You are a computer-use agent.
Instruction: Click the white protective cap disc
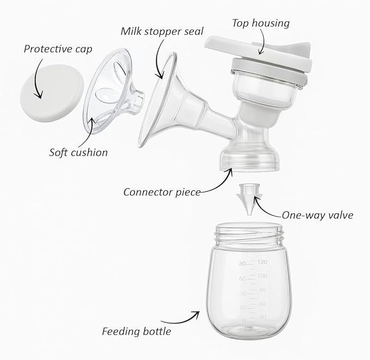tap(52, 93)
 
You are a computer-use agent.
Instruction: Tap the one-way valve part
tap(249, 199)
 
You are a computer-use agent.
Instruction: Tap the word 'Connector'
tap(148, 192)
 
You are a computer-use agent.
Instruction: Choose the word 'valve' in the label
tap(340, 215)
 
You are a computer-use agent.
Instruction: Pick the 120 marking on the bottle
tap(263, 261)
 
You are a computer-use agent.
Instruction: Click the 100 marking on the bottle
tap(263, 276)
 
